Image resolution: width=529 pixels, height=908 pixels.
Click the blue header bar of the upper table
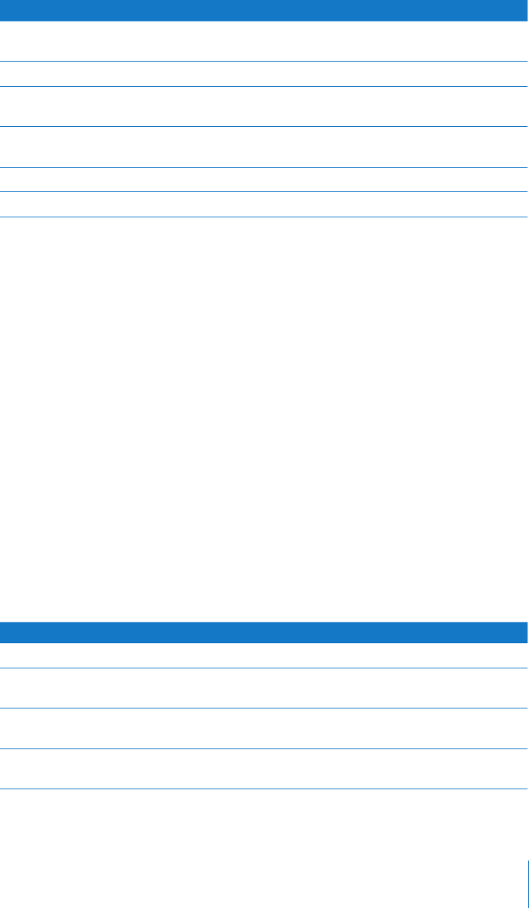(264, 10)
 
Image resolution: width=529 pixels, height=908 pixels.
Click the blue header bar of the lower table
(264, 632)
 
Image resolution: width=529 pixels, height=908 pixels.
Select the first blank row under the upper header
(264, 41)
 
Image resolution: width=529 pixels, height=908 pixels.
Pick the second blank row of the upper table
(264, 73)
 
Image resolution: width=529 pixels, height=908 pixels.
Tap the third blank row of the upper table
(264, 106)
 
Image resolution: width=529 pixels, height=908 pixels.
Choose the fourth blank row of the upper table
(264, 147)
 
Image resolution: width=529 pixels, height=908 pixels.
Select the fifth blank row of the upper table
(264, 180)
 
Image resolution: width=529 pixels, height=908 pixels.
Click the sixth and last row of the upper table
(264, 205)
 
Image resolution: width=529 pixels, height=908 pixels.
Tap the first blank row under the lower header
(264, 655)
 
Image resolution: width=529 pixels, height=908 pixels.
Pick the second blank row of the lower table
(264, 688)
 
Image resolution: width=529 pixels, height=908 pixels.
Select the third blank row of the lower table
(264, 728)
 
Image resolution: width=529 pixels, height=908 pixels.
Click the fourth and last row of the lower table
(264, 768)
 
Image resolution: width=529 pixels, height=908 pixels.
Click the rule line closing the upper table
(264, 217)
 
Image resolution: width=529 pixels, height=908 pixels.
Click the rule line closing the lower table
(264, 788)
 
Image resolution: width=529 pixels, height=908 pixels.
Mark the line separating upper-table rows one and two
(264, 62)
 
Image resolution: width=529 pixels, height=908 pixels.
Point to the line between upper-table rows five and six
(264, 192)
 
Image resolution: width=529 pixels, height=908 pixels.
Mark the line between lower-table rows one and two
(264, 668)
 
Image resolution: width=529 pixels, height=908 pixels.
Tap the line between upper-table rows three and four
(264, 127)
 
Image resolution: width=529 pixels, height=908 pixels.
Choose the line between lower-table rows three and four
(264, 748)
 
